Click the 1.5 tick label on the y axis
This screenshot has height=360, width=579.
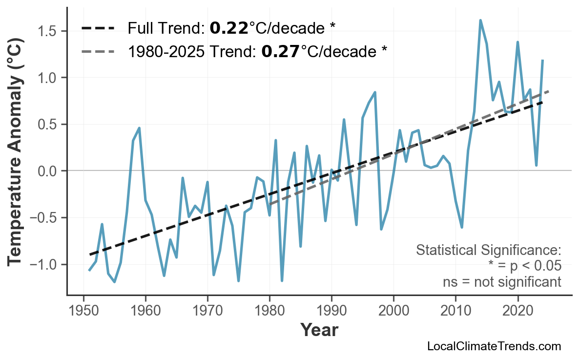pyautogui.click(x=48, y=31)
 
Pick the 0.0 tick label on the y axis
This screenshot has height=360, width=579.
pyautogui.click(x=48, y=171)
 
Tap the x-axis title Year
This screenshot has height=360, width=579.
pyautogui.click(x=319, y=331)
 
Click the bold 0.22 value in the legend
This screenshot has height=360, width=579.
pyautogui.click(x=229, y=28)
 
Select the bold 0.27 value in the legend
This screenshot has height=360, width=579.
pyautogui.click(x=281, y=51)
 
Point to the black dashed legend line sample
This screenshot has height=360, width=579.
pyautogui.click(x=98, y=28)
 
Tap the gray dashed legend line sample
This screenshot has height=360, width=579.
pyautogui.click(x=98, y=51)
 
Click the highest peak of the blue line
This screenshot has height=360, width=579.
pyautogui.click(x=480, y=21)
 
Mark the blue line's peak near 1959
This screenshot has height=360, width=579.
pyautogui.click(x=139, y=128)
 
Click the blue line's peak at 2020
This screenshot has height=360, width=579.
pyautogui.click(x=517, y=42)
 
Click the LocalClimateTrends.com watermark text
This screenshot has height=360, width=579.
pyautogui.click(x=494, y=347)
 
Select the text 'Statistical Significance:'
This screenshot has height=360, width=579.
pyautogui.click(x=488, y=251)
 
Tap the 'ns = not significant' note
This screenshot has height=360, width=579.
pyautogui.click(x=502, y=282)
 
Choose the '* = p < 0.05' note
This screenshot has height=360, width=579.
pyautogui.click(x=524, y=266)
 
